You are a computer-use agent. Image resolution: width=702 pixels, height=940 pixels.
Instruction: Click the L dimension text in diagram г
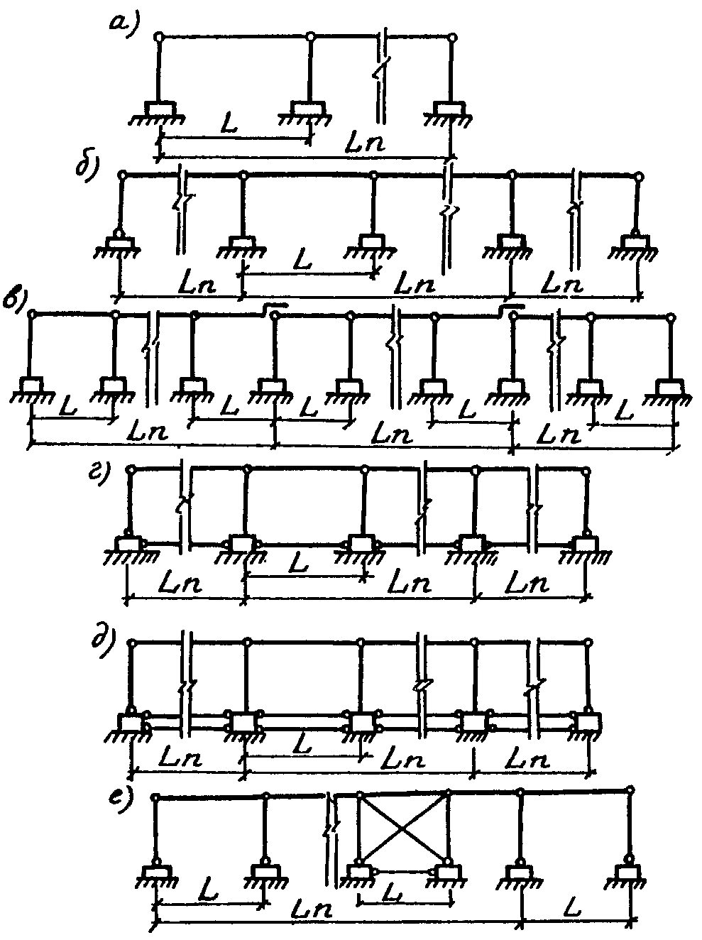click(x=300, y=567)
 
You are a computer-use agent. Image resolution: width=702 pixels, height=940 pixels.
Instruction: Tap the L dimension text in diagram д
click(x=300, y=745)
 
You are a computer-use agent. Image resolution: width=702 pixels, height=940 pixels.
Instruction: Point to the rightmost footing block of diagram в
click(x=670, y=388)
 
